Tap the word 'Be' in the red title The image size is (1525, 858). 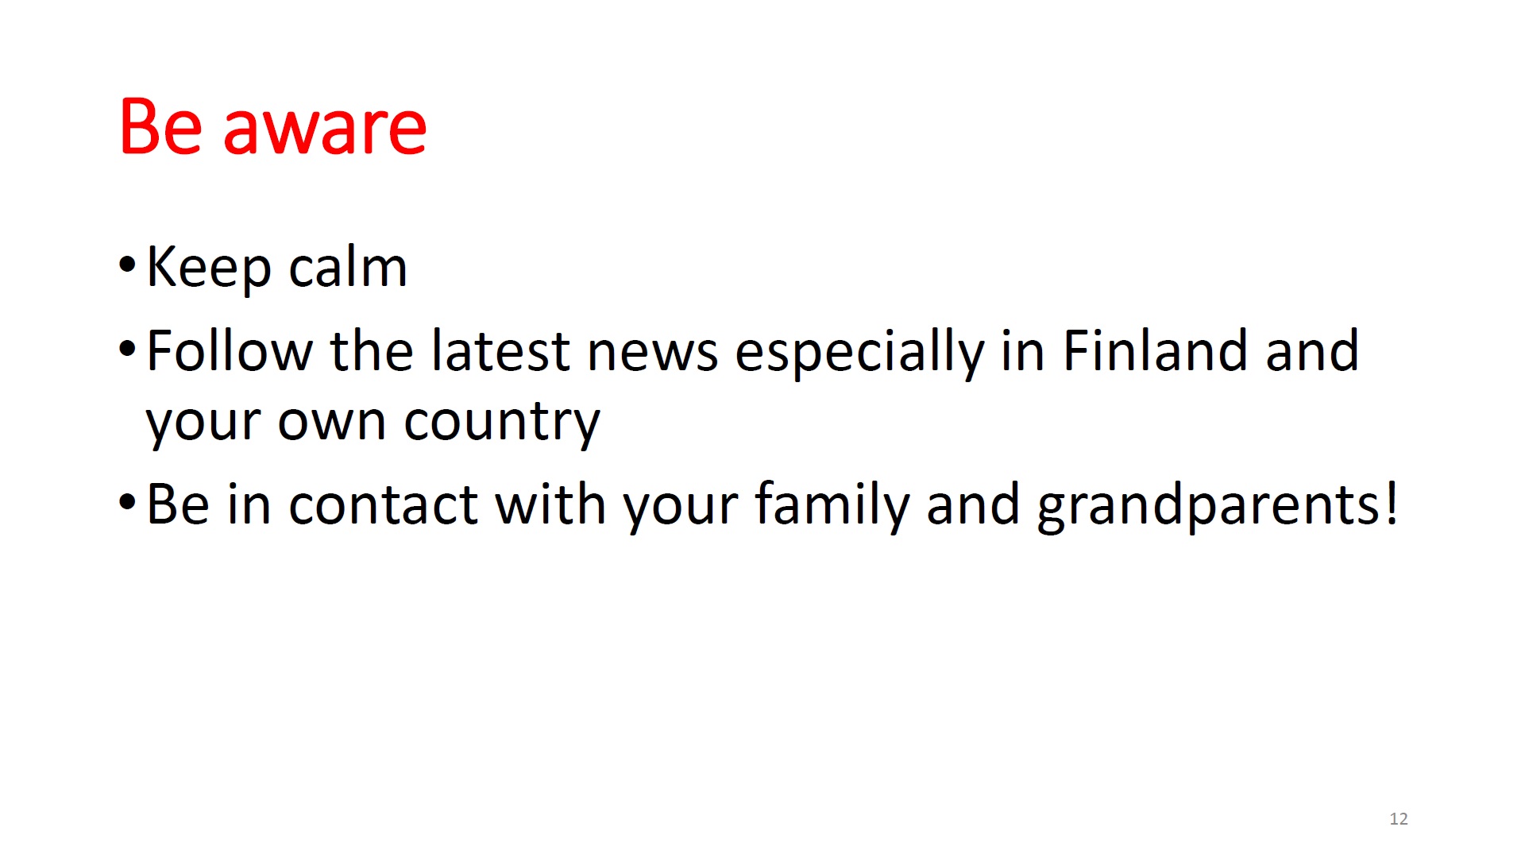160,126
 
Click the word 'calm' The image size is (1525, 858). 348,266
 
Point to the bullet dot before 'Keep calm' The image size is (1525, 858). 127,265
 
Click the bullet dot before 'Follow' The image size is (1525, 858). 127,348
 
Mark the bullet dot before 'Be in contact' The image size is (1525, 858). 127,502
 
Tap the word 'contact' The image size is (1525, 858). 383,504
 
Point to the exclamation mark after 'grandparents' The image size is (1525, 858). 1391,504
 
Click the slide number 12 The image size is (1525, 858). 1399,819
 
